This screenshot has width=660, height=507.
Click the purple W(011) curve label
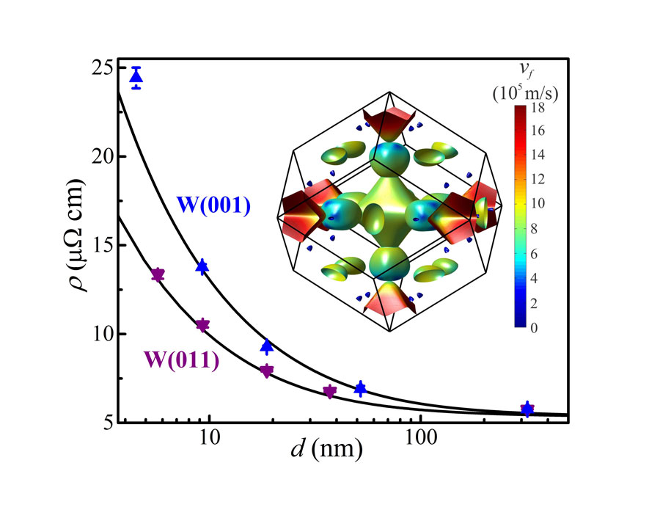coord(180,360)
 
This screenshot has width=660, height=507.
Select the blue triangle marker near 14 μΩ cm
coord(203,266)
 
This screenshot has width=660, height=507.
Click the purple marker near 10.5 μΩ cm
coord(203,325)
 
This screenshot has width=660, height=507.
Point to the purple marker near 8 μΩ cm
coord(267,371)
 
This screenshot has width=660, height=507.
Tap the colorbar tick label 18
coord(538,109)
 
